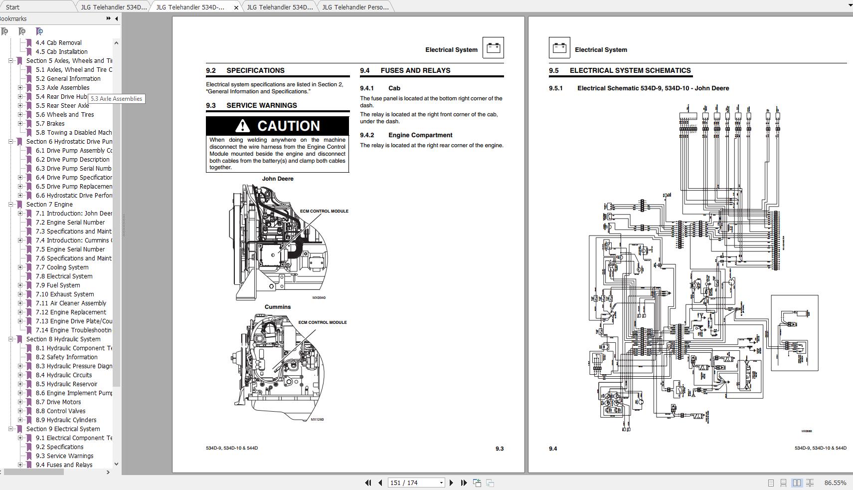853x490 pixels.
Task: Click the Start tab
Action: pos(13,7)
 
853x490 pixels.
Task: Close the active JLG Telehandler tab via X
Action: pos(236,7)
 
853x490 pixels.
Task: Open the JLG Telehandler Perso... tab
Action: pos(355,7)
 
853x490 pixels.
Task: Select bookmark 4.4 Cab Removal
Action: pos(58,43)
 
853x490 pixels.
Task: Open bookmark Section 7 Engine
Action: pos(49,205)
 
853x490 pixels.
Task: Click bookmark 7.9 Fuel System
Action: pos(57,285)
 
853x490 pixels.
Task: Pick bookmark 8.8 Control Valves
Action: pos(60,411)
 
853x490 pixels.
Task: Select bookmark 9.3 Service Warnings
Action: pos(64,456)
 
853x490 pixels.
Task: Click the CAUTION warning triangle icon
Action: pos(242,126)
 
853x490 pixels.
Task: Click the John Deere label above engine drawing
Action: pos(278,179)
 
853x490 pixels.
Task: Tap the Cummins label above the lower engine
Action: pos(277,307)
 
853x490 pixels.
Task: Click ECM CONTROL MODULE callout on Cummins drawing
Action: pos(323,322)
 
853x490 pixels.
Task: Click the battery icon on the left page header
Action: pos(493,48)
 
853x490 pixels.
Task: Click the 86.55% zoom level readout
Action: pos(835,483)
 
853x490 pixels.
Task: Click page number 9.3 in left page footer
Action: pos(499,449)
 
